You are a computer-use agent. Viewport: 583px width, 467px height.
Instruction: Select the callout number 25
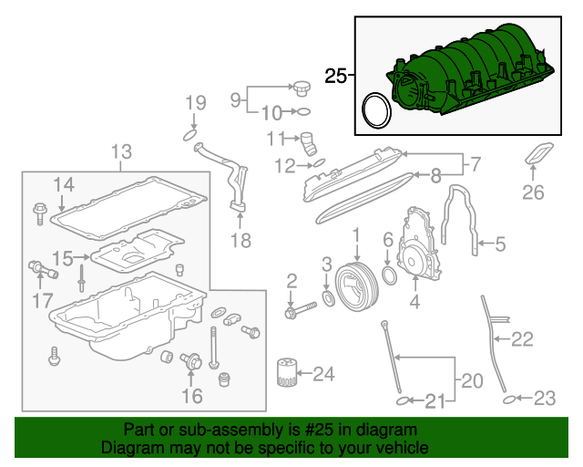point(336,77)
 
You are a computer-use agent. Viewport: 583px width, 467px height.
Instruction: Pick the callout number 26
point(533,192)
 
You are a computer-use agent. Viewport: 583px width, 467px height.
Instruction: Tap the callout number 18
point(240,241)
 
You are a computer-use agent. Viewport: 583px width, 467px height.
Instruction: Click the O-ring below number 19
point(189,135)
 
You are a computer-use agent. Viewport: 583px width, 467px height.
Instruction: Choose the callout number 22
point(521,340)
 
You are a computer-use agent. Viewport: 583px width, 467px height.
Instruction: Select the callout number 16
point(191,395)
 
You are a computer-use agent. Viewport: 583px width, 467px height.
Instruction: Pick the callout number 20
point(468,379)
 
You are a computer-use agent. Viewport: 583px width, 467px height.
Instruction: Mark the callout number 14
point(62,185)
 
